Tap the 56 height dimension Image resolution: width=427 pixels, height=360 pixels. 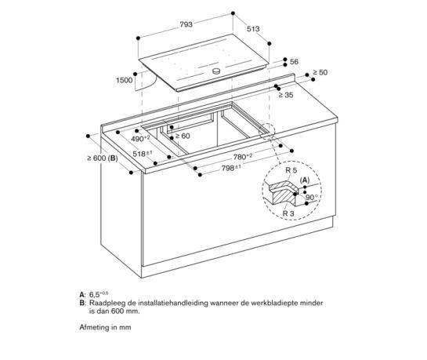(x=294, y=61)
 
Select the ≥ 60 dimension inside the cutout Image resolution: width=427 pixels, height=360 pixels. (x=182, y=136)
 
